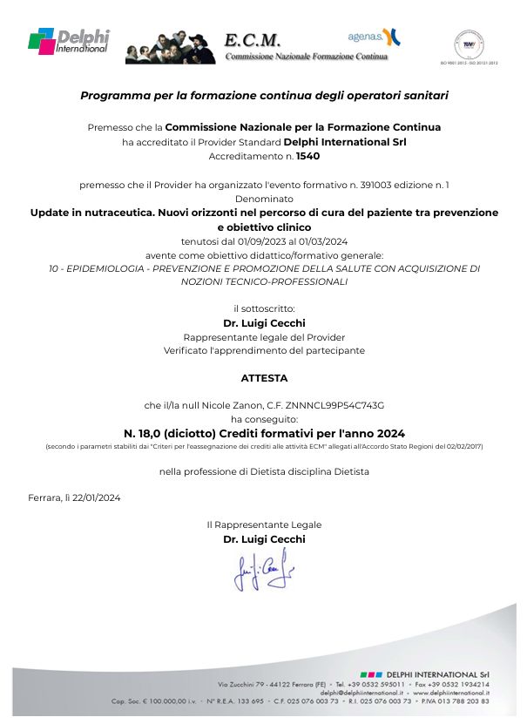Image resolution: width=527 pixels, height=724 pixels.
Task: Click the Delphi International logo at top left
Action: click(69, 40)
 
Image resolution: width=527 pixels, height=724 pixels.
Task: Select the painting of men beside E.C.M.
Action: click(171, 44)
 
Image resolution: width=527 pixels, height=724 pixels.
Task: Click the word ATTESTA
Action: click(264, 378)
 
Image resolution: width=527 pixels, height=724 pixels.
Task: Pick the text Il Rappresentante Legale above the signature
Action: click(264, 524)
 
